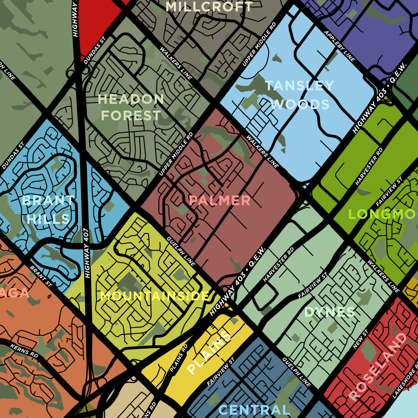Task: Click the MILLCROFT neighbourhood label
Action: pos(209,7)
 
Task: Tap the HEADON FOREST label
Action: pos(131,107)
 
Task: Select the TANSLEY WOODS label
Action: pos(300,95)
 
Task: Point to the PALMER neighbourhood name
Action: pos(220,201)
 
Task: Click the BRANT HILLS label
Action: pos(48,209)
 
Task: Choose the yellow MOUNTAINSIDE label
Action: pos(155,296)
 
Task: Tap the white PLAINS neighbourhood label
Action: pos(209,353)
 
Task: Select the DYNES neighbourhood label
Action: pos(330,312)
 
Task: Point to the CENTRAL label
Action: pos(254,410)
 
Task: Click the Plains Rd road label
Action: pos(178,358)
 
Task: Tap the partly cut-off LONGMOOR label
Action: pos(383,214)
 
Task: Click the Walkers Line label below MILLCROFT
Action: pos(176,63)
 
